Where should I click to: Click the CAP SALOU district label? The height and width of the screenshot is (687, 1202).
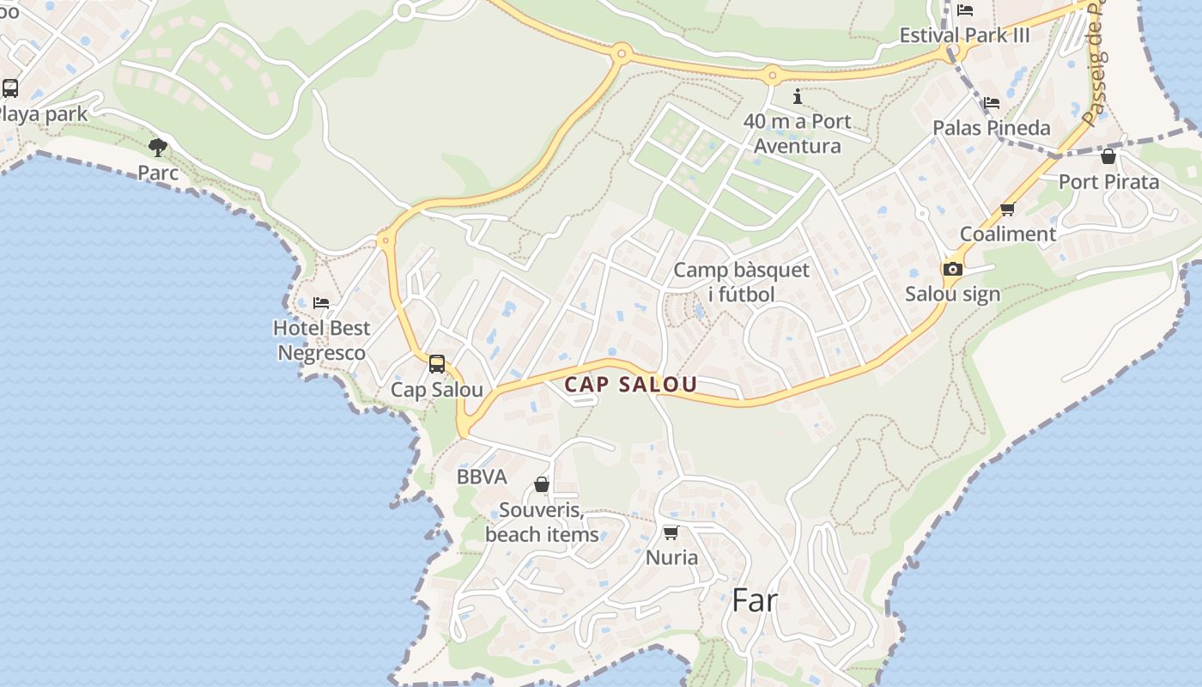point(630,385)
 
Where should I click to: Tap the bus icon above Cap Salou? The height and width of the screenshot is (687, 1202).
point(437,364)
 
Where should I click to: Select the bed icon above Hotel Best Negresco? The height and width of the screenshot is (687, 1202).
point(321,302)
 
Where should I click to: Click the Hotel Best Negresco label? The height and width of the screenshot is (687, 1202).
point(321,340)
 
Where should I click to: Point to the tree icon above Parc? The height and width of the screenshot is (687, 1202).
point(158,148)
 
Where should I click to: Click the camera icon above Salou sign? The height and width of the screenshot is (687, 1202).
point(952,269)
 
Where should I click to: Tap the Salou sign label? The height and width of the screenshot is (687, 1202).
point(952,294)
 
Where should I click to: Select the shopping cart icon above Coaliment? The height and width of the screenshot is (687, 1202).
point(1007,209)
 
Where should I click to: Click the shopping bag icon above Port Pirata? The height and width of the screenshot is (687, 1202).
point(1108,156)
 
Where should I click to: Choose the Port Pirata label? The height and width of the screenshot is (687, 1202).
point(1108,181)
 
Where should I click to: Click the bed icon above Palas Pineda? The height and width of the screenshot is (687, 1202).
point(992,102)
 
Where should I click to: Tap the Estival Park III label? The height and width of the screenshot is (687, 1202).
point(964,35)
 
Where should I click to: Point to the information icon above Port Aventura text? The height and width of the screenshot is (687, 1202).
point(798,95)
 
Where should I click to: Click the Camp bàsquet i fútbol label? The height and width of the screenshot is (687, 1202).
point(741,282)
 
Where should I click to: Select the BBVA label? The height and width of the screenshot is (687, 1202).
point(482,477)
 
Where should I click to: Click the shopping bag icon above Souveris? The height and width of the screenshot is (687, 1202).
point(542,485)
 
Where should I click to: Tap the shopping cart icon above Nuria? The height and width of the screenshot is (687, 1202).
point(671,532)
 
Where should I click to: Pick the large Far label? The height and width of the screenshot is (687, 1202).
point(755,600)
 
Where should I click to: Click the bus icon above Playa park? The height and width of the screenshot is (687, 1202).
point(10,88)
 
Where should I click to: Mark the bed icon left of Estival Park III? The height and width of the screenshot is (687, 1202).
point(965,10)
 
